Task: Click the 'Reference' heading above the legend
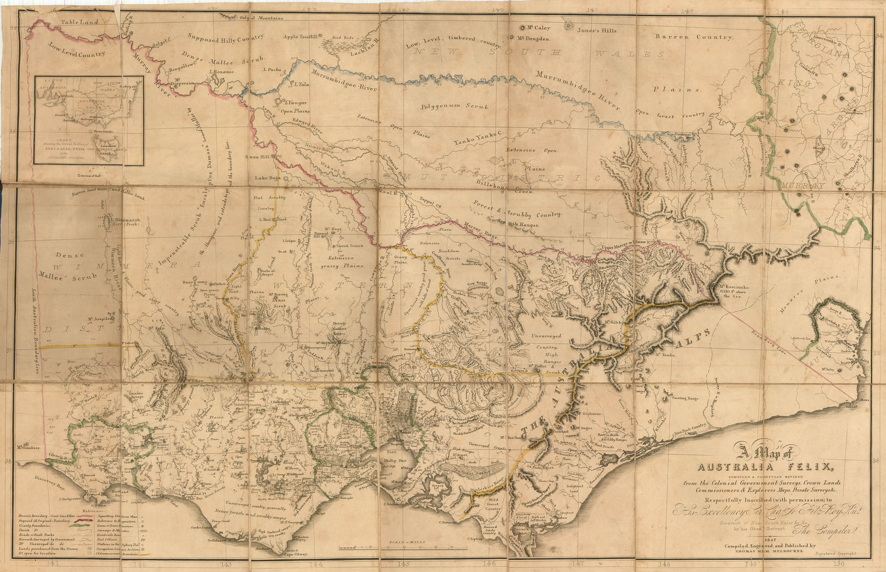93,511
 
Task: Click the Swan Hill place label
256,157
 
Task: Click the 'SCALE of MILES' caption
407,543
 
